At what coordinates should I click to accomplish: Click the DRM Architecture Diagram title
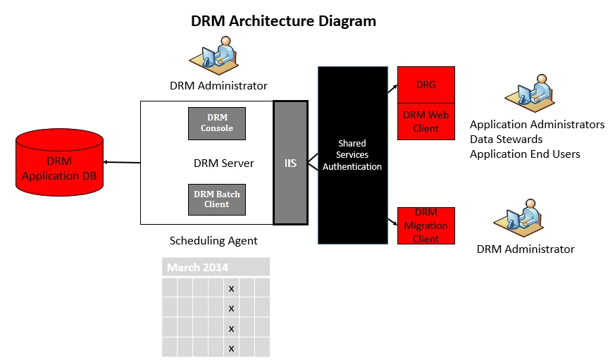(283, 21)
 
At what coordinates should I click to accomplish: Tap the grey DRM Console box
(217, 123)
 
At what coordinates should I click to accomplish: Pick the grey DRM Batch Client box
(217, 199)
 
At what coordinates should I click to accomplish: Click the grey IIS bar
(290, 163)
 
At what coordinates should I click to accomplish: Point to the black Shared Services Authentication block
(352, 155)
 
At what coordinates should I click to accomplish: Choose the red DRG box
(425, 85)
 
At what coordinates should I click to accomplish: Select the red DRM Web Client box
(425, 122)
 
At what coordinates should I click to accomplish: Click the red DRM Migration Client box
(425, 225)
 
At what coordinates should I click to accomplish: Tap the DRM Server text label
(223, 163)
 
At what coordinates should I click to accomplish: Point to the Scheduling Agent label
(213, 241)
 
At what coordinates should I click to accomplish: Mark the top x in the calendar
(231, 289)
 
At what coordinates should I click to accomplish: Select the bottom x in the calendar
(231, 348)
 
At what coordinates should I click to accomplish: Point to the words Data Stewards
(506, 139)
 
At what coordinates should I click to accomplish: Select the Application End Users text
(525, 154)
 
